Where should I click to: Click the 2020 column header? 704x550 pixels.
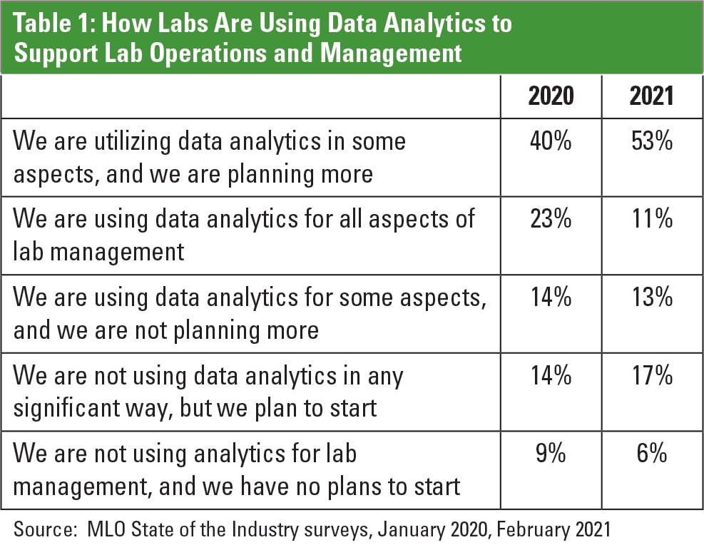[551, 96]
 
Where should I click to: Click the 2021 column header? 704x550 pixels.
[651, 96]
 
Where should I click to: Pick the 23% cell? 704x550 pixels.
[551, 220]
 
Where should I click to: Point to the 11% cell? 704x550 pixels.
[651, 220]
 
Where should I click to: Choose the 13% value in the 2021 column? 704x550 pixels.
[651, 297]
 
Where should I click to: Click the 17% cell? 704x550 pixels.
[651, 376]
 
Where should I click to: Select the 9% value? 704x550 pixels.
[551, 454]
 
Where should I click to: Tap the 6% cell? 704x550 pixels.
[651, 454]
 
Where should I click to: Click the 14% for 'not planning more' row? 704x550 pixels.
[551, 297]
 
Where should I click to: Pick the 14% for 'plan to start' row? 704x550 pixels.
[551, 376]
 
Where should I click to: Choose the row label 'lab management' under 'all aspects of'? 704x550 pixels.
[99, 252]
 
